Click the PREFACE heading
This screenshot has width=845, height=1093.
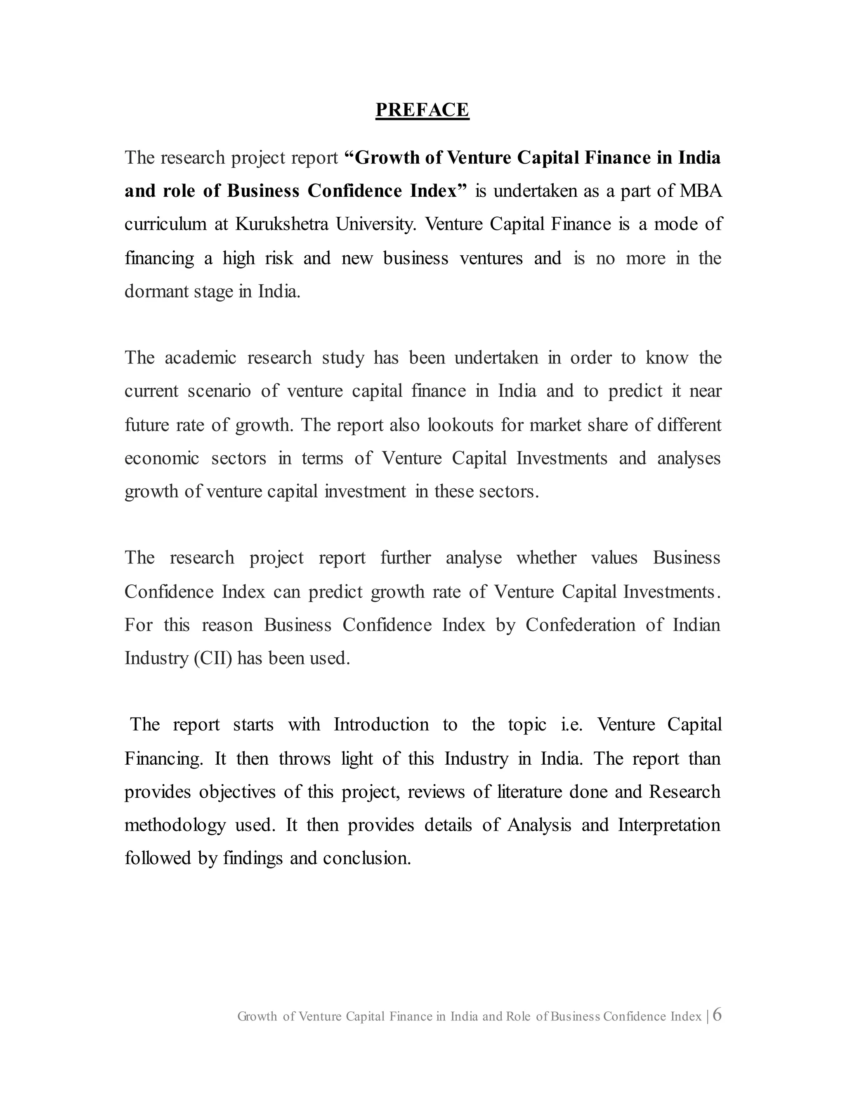[422, 110]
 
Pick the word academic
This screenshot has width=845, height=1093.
[200, 358]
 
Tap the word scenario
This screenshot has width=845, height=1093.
[219, 391]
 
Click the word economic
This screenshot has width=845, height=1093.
[162, 458]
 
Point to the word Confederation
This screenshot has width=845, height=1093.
[580, 625]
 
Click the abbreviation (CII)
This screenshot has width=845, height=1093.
[213, 658]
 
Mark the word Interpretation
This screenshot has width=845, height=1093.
[669, 825]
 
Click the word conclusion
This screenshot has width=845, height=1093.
[366, 858]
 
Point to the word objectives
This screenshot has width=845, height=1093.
[237, 792]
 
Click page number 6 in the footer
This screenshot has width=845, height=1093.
[717, 1015]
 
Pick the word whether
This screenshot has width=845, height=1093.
[546, 558]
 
